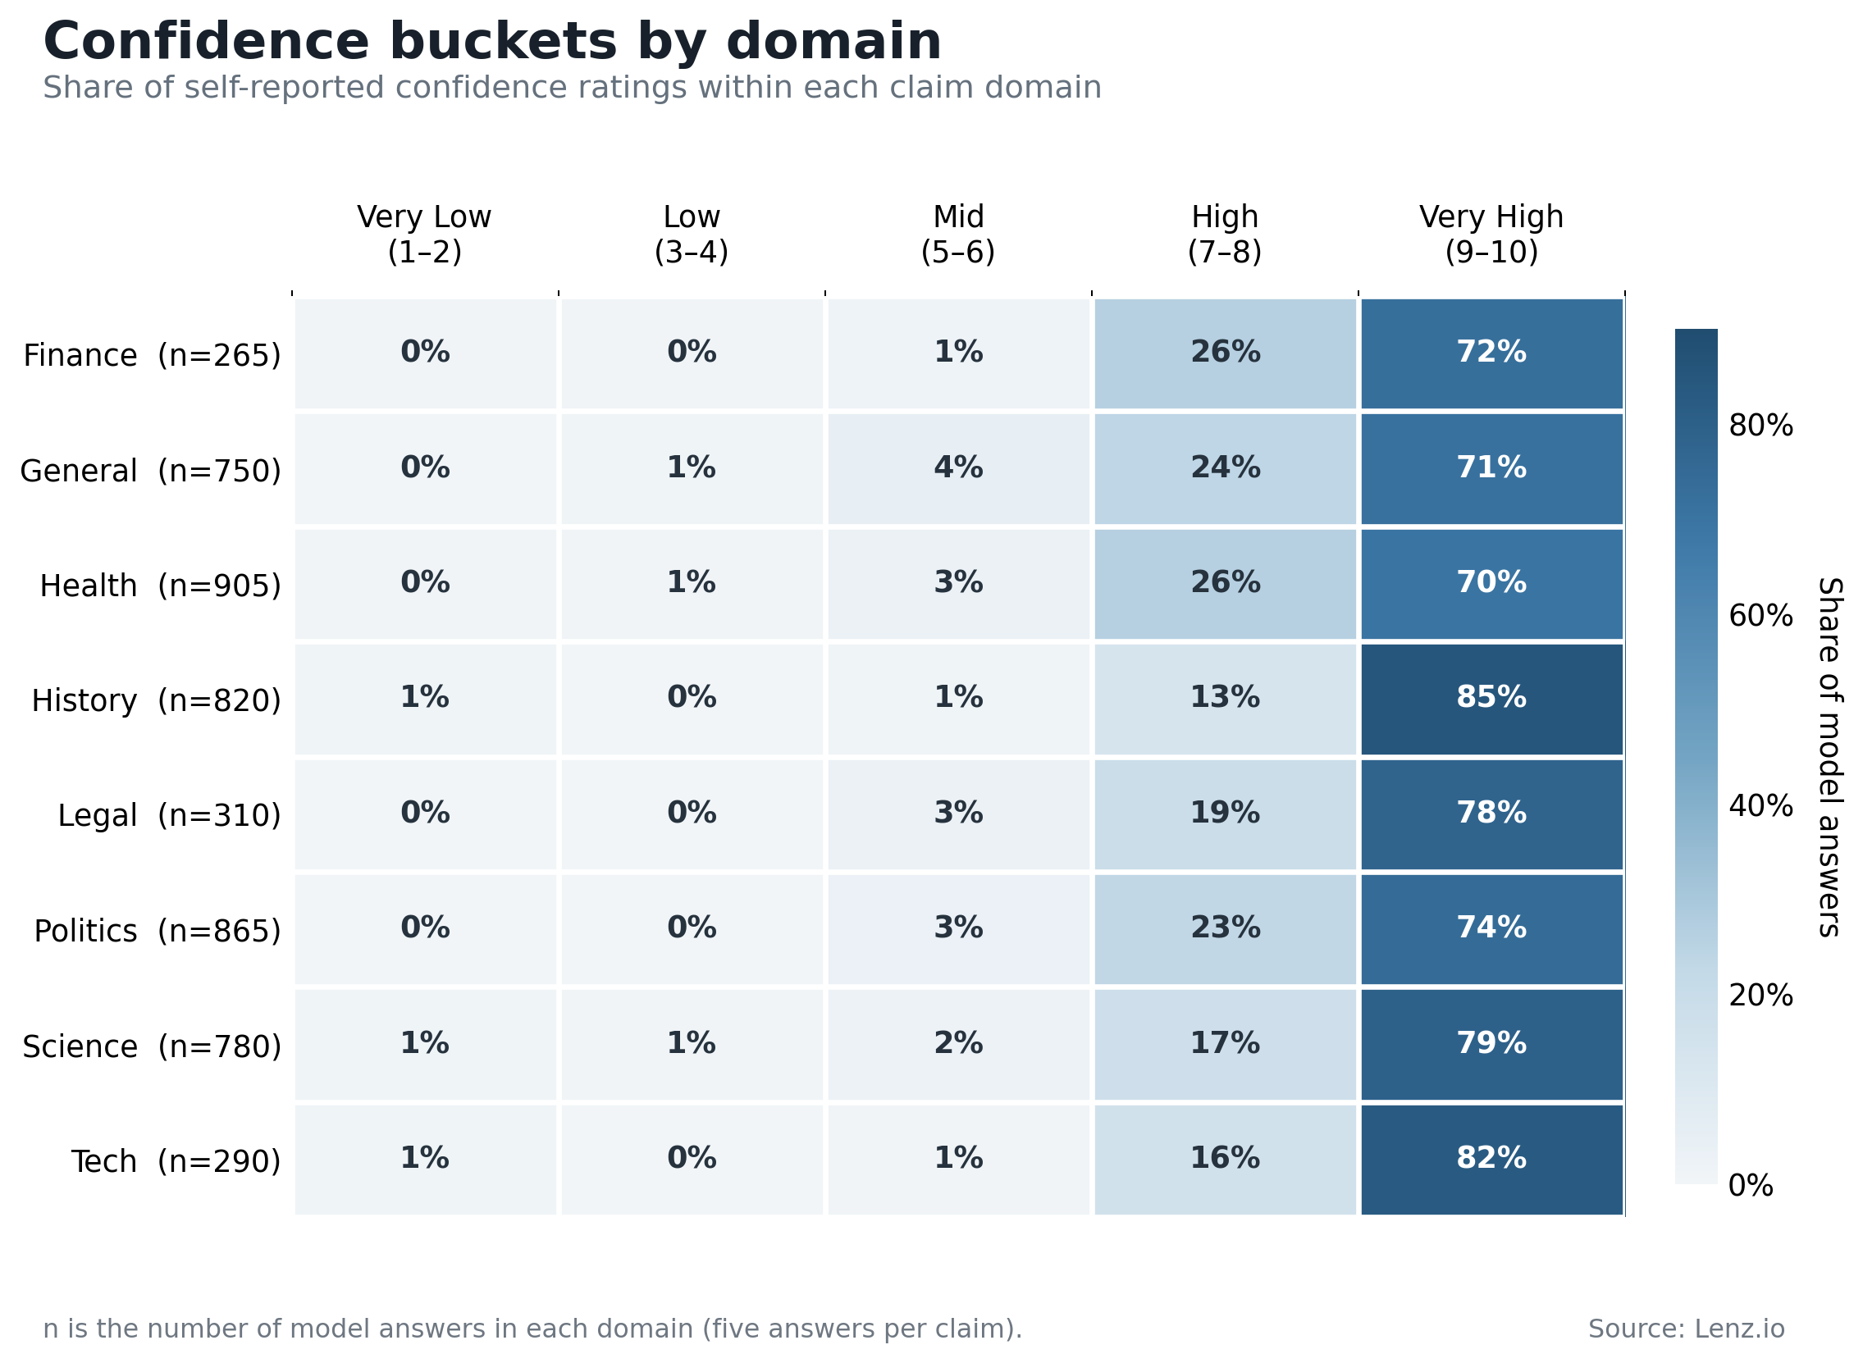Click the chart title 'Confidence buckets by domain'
point(491,42)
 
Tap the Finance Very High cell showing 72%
point(1491,353)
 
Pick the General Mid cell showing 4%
point(958,468)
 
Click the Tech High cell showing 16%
point(1225,1160)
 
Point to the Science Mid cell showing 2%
point(958,1045)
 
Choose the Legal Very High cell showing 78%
point(1491,814)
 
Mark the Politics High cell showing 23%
point(1225,930)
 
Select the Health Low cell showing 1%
point(692,584)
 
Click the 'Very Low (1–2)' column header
point(424,235)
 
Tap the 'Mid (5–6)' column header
point(958,235)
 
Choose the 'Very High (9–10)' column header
point(1491,235)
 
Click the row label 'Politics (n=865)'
point(158,932)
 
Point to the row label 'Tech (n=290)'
point(176,1162)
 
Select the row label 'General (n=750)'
point(151,471)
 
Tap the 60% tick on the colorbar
point(1760,617)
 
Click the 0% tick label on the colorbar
point(1751,1187)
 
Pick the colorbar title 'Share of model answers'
point(1829,757)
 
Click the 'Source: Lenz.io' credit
point(1687,1329)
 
